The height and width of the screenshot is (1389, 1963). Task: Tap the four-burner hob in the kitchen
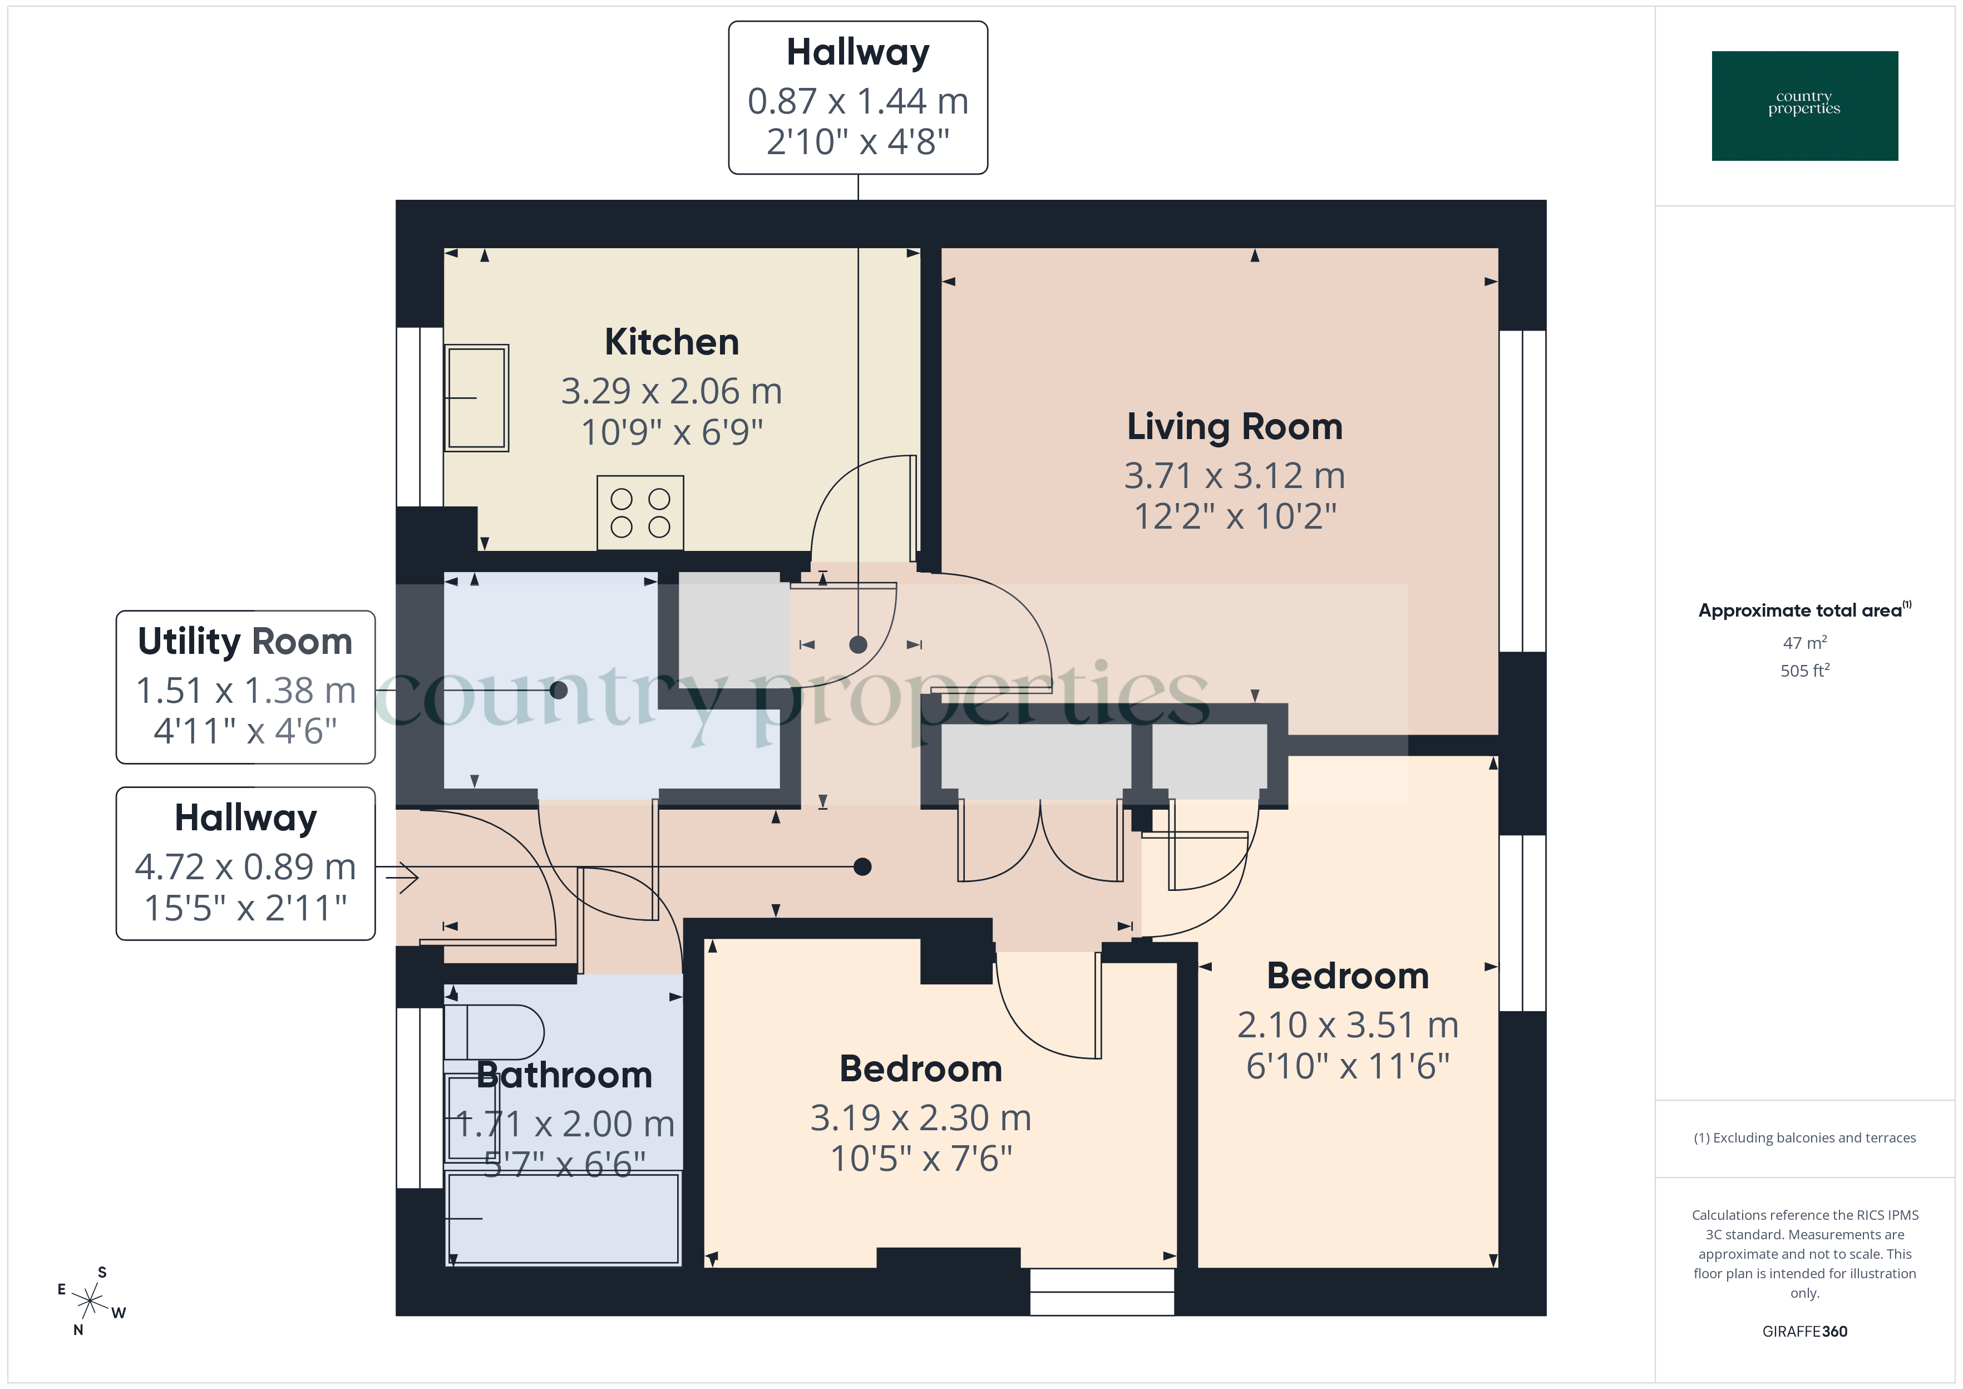639,513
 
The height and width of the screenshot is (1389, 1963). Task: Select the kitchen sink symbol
476,398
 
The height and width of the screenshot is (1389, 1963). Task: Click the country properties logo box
1804,106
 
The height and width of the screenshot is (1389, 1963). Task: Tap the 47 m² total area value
1804,642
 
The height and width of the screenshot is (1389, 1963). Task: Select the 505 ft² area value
1804,671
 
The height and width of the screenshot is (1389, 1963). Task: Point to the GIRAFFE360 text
1804,1331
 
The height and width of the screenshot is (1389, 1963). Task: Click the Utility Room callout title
245,642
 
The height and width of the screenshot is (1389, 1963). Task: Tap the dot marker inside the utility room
558,690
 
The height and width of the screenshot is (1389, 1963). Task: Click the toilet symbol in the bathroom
494,1032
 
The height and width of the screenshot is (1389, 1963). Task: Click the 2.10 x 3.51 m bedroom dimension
1348,1024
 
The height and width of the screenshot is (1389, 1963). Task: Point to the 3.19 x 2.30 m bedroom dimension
921,1118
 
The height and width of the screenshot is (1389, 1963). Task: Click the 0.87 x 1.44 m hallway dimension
857,101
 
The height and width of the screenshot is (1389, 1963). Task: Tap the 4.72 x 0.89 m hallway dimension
245,867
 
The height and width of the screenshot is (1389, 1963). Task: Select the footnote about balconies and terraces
1804,1137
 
